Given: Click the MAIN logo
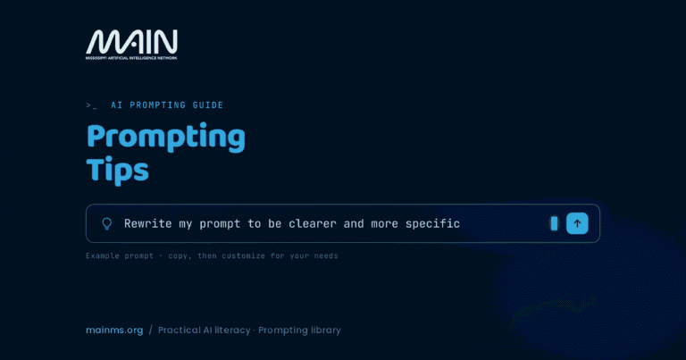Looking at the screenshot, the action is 131,44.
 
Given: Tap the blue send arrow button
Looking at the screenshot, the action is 577,223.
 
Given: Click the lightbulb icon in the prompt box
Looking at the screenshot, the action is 107,224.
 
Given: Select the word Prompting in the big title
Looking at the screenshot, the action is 166,138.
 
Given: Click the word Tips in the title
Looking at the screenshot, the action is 117,170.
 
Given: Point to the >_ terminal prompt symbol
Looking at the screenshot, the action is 91,105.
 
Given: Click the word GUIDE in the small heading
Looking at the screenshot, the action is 208,105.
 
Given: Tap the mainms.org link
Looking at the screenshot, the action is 114,331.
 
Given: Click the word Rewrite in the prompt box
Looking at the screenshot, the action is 148,223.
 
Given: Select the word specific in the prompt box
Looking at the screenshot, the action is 432,224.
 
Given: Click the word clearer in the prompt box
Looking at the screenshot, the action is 313,223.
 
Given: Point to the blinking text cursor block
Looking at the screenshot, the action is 554,223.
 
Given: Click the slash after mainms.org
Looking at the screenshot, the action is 150,330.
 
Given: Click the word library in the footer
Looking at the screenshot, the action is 325,331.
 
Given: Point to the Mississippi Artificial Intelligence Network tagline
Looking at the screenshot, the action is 131,58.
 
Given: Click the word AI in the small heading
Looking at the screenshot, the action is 116,105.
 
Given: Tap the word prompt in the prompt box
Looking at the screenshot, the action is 220,224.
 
